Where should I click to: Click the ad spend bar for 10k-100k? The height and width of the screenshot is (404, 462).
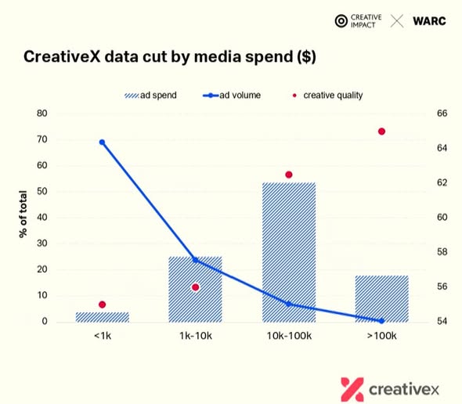pos(289,252)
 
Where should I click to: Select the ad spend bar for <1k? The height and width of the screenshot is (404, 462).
pos(103,317)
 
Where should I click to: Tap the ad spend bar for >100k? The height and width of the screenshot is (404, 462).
pos(381,299)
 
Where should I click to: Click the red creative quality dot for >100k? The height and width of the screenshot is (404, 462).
pos(381,132)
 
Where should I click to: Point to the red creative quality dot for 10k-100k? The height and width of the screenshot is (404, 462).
pos(289,175)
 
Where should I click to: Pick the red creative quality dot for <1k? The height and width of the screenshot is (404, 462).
pos(103,305)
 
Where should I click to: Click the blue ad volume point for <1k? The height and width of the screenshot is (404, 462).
pos(102,142)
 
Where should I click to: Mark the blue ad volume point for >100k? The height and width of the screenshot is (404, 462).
pos(381,321)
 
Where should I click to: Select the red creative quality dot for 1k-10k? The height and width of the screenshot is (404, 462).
pos(195,287)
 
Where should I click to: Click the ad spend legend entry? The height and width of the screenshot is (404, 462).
pos(150,96)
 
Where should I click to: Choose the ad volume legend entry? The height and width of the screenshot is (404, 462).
pos(232,96)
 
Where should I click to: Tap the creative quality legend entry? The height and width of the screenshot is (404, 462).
pos(327,96)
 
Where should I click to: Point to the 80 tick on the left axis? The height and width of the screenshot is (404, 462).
pos(42,114)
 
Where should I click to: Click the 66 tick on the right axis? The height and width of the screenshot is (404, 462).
pos(442,114)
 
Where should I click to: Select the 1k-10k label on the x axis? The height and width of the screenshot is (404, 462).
pos(196,336)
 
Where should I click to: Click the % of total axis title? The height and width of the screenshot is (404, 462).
pos(23,214)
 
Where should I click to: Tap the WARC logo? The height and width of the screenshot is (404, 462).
pos(429,21)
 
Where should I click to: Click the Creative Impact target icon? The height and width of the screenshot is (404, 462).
pos(341,21)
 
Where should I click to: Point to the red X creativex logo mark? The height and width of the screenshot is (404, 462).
pos(352,389)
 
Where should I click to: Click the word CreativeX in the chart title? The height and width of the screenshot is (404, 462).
pos(62,56)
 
